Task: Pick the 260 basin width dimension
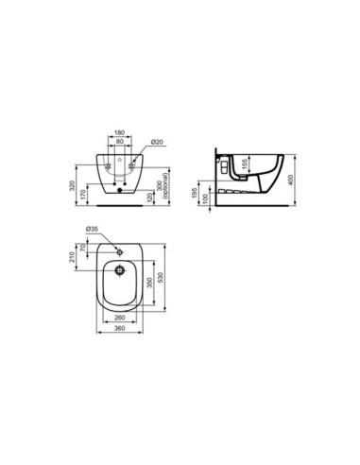(x=118, y=319)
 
